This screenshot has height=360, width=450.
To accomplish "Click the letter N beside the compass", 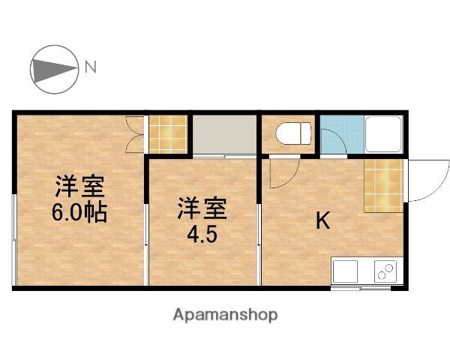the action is pyautogui.click(x=91, y=67).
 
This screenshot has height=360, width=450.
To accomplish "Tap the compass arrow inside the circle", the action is pyautogui.click(x=54, y=70).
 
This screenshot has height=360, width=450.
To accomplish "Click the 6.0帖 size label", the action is pyautogui.click(x=79, y=213).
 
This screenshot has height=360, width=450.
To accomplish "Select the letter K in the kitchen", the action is pyautogui.click(x=323, y=220).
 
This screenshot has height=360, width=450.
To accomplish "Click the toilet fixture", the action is pyautogui.click(x=293, y=133).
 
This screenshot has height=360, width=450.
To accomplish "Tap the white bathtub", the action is pyautogui.click(x=383, y=133).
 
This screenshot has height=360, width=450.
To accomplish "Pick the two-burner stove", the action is pyautogui.click(x=385, y=271).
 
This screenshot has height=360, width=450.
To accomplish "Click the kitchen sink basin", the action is pyautogui.click(x=345, y=271).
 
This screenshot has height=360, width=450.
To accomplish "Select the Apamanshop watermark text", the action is pyautogui.click(x=225, y=315).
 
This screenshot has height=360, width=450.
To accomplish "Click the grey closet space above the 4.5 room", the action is pyautogui.click(x=224, y=134).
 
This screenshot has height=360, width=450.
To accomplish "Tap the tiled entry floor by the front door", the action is pyautogui.click(x=384, y=185).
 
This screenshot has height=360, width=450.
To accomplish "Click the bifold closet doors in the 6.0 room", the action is pyautogui.click(x=134, y=134).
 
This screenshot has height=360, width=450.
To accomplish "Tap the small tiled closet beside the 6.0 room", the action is pyautogui.click(x=168, y=134).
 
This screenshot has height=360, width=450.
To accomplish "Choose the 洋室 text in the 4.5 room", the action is pyautogui.click(x=202, y=208).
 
